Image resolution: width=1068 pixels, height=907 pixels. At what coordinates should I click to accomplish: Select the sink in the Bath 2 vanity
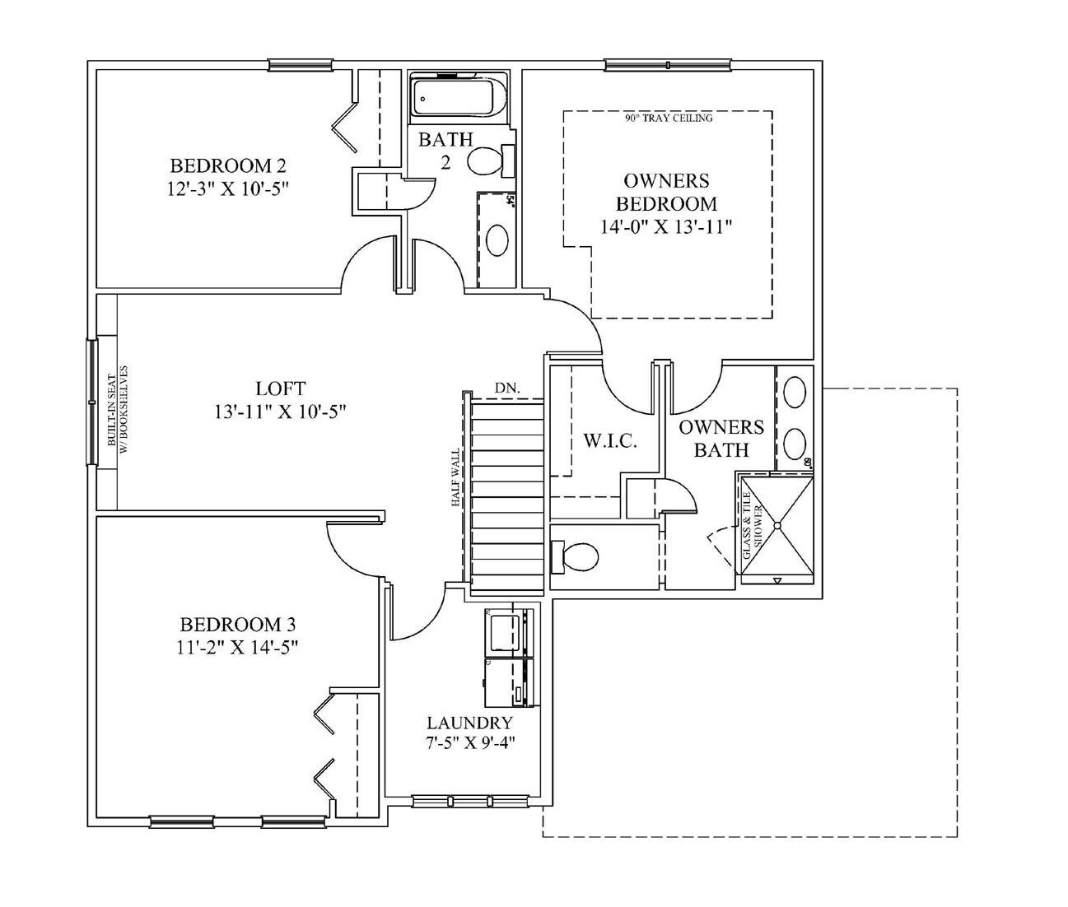(x=497, y=240)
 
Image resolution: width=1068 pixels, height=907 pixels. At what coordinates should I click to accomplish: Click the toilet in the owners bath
(x=578, y=556)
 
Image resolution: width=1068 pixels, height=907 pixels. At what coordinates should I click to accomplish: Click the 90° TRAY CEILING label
(x=668, y=119)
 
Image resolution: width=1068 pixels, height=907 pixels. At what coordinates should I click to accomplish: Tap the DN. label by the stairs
(x=507, y=388)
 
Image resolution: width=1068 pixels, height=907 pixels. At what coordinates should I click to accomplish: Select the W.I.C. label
(x=610, y=440)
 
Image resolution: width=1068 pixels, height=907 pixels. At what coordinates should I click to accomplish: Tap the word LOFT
(x=280, y=388)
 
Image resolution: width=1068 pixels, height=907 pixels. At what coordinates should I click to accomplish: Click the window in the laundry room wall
(x=469, y=801)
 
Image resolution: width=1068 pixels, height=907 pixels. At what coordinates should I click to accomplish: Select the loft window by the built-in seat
(x=91, y=404)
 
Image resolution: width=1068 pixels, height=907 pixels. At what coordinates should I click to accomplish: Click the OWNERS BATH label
(x=721, y=439)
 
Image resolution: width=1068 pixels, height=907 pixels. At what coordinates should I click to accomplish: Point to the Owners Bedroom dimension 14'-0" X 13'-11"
(x=666, y=226)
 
